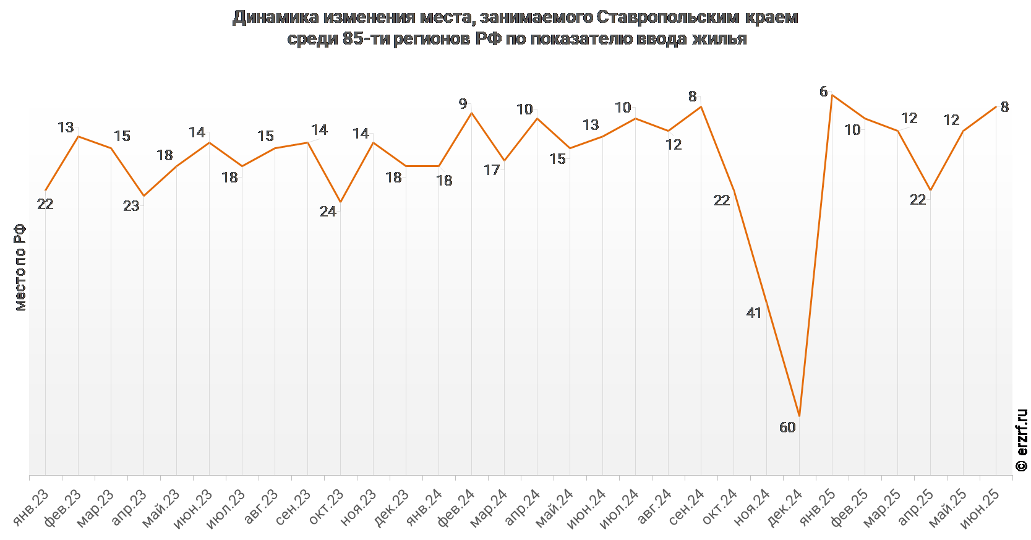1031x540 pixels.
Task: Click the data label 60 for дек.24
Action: [x=787, y=427]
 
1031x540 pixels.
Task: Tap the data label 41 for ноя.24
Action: [x=754, y=313]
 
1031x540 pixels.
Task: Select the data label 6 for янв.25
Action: [x=823, y=92]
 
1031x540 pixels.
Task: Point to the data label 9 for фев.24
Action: [x=463, y=104]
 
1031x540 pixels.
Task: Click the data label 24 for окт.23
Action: [x=328, y=212]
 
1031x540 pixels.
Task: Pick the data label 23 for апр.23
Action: [x=131, y=206]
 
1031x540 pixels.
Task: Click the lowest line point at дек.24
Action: [x=799, y=416]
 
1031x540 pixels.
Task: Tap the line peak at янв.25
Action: [x=832, y=95]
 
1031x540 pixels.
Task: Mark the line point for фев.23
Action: [x=78, y=136]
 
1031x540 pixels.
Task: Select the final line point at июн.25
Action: [x=996, y=106]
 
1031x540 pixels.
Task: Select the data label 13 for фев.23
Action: [x=66, y=127]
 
